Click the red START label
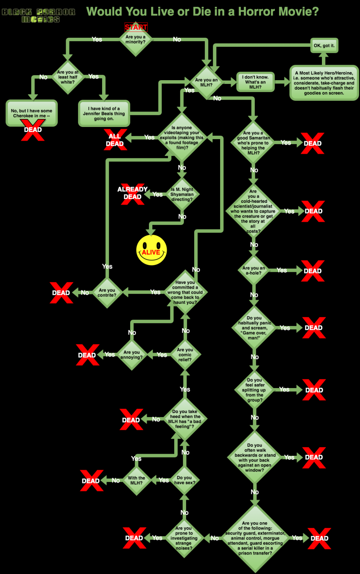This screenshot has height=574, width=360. click(x=136, y=27)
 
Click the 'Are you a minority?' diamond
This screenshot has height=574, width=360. click(x=136, y=40)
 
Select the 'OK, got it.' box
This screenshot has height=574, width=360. click(x=324, y=45)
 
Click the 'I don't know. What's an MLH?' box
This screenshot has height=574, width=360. click(x=255, y=82)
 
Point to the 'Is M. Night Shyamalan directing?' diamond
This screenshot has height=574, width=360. click(x=182, y=194)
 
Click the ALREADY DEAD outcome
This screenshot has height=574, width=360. click(x=132, y=193)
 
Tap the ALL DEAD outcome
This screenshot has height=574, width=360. click(x=115, y=140)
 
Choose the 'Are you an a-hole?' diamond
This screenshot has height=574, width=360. click(x=253, y=270)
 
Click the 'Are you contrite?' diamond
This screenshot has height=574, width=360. click(x=107, y=292)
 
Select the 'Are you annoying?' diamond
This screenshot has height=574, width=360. click(x=131, y=355)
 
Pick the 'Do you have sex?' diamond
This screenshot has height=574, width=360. click(x=184, y=480)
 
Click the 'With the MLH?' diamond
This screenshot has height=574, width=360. click(x=137, y=480)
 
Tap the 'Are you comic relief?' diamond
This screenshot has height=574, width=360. click(x=185, y=355)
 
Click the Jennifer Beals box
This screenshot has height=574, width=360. click(x=104, y=114)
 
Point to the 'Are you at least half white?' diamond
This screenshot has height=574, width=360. click(x=68, y=77)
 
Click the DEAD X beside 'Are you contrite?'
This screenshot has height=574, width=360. click(x=61, y=293)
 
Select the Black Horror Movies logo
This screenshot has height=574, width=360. click(x=39, y=15)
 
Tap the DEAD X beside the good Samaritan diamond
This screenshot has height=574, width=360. click(x=312, y=143)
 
